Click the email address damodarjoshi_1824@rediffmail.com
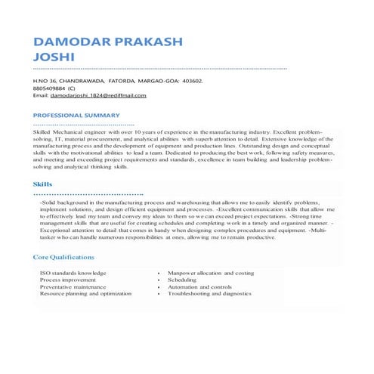pos(98,96)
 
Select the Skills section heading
pos(43,184)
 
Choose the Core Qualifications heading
pos(63,258)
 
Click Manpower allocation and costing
pos(210,272)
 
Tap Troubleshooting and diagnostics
pos(209,293)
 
